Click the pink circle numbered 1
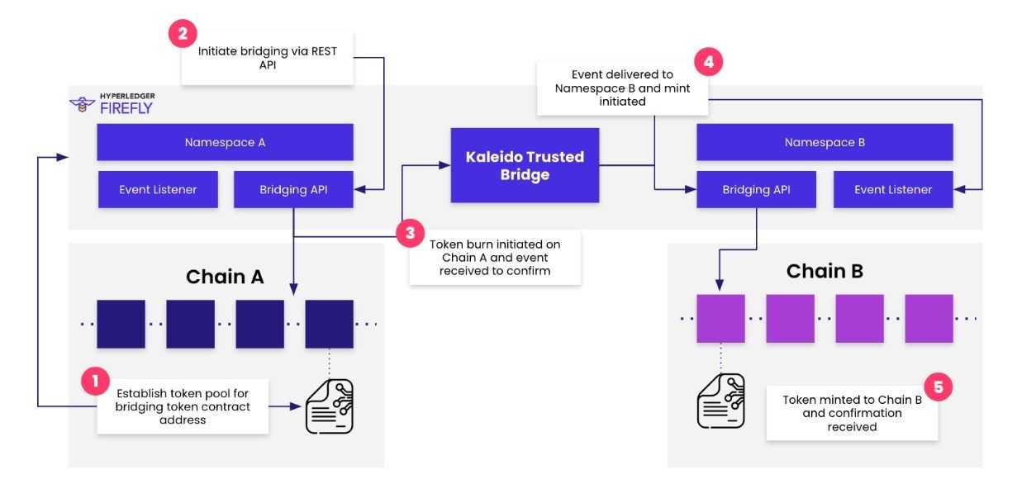coord(94,382)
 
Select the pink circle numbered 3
coord(410,233)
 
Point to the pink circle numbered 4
coord(708,62)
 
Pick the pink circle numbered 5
coord(938,386)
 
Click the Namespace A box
coord(225,142)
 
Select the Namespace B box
coord(825,142)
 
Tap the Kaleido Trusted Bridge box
coord(525,165)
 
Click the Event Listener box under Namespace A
coord(158,189)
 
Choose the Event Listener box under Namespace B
coord(892,189)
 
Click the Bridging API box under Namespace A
coord(293,189)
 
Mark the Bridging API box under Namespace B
coord(757,189)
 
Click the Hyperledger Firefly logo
coord(112,104)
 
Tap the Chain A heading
coord(226,276)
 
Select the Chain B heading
coord(825,271)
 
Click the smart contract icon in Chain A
coord(330,406)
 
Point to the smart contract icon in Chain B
coord(720,401)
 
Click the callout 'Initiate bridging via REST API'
coord(268,57)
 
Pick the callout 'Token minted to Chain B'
coord(852,413)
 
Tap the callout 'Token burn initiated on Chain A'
coord(495,257)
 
